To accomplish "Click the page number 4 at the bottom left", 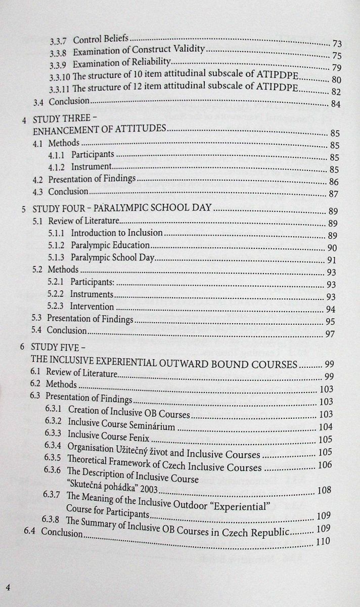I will [8, 587].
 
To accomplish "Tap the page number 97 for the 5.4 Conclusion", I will [331, 334].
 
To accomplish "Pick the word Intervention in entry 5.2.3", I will [92, 306].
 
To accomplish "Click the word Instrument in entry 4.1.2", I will [91, 167].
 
